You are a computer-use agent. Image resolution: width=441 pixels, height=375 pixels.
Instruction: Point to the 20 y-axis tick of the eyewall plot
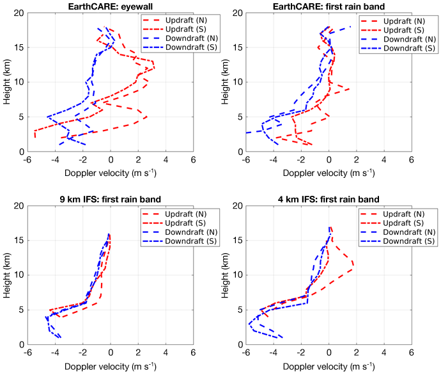(x=20, y=13)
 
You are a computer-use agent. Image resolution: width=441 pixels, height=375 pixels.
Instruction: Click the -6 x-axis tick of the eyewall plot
(x=28, y=160)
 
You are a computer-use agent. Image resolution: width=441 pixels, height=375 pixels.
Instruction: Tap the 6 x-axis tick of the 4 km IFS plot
(x=411, y=353)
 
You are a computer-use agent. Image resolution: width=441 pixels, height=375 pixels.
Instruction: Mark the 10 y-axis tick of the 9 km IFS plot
(x=20, y=275)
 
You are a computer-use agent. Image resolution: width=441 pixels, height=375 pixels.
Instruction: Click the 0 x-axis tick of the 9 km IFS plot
(x=111, y=353)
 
